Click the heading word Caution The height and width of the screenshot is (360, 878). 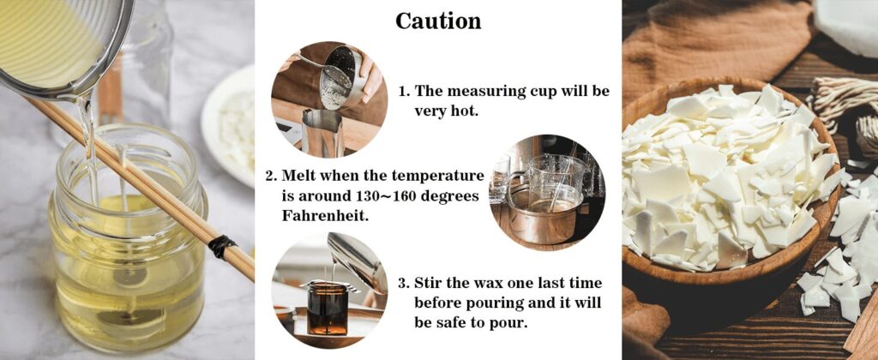pyautogui.click(x=438, y=21)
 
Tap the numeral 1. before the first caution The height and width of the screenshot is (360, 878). pyautogui.click(x=406, y=91)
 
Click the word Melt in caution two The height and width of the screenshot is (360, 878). pyautogui.click(x=304, y=175)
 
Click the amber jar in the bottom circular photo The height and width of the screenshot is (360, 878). pyautogui.click(x=328, y=309)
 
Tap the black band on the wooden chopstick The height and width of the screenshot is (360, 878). pyautogui.click(x=221, y=247)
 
